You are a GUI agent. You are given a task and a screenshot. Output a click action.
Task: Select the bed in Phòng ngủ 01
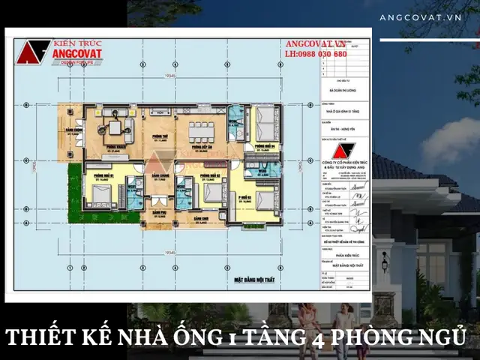point(100,193)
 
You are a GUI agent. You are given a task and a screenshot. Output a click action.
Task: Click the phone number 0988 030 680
point(316,55)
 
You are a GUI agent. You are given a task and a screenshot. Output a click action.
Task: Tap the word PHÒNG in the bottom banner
point(375,335)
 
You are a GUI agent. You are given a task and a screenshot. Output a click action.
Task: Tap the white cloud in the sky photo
point(450,142)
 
